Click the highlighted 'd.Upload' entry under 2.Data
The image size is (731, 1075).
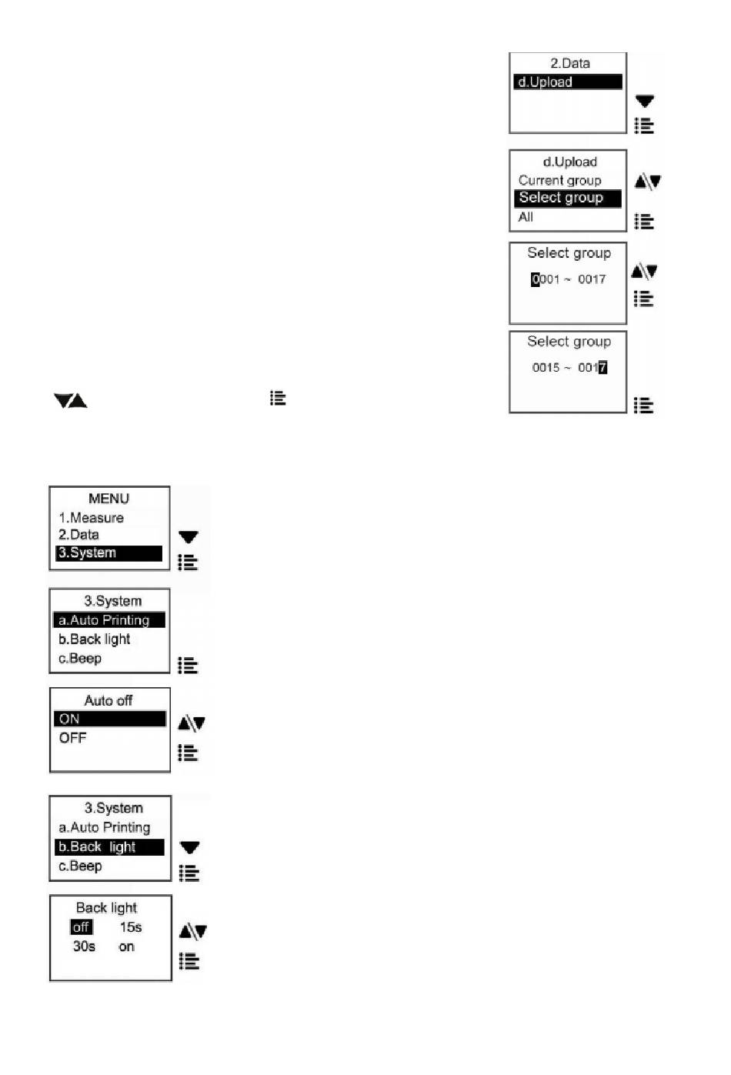click(546, 82)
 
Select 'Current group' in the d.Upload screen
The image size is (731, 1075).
click(559, 181)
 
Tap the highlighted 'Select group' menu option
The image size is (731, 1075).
click(561, 198)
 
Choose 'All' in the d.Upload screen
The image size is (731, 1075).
click(526, 217)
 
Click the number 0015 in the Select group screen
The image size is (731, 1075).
click(546, 368)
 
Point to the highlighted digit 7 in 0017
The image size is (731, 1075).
click(602, 368)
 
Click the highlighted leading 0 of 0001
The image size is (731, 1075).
click(535, 279)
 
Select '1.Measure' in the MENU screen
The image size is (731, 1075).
click(91, 518)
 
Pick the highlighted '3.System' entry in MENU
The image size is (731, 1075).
click(87, 553)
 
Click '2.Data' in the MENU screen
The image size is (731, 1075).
click(78, 535)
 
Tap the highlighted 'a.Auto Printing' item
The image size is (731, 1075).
click(104, 620)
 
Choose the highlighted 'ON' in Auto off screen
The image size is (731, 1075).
click(69, 719)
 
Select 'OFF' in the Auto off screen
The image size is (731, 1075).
click(72, 738)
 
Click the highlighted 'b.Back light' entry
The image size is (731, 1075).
click(97, 847)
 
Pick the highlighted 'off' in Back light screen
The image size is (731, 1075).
click(81, 927)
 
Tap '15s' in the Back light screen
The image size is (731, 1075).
click(130, 927)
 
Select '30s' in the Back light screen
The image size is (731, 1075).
click(84, 946)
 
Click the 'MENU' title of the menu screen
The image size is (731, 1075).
click(108, 499)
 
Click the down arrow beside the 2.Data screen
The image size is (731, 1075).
click(644, 101)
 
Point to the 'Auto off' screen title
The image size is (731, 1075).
click(108, 700)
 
